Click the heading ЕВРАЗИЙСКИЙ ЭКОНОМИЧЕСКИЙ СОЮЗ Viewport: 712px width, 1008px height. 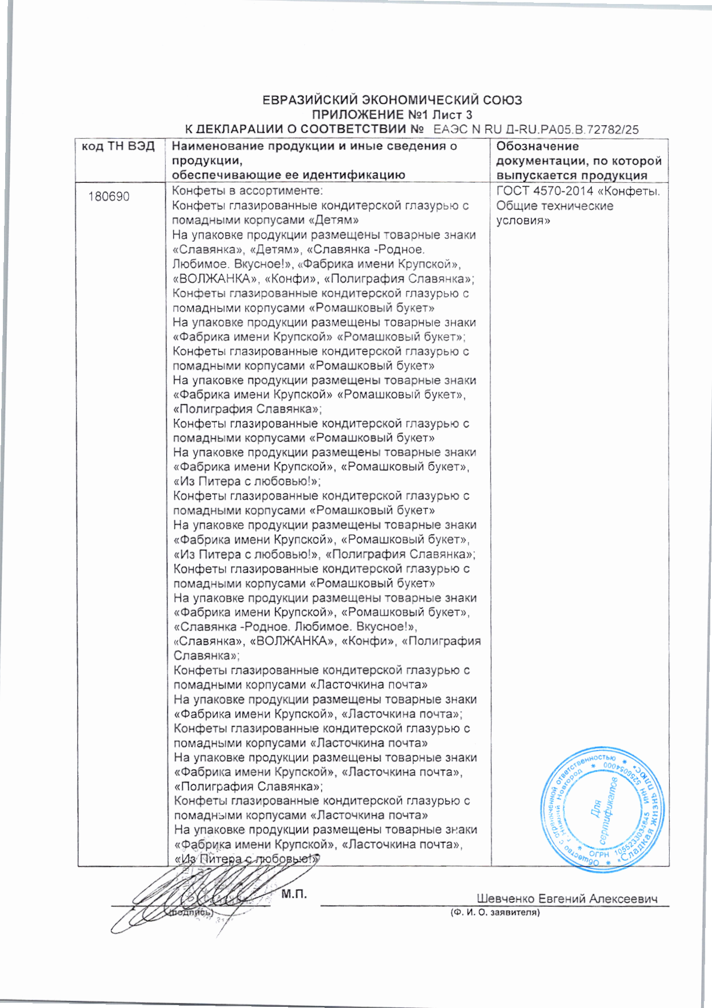point(392,101)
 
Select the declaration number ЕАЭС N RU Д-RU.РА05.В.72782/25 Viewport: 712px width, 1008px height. point(535,130)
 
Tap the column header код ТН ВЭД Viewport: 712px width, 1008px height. point(118,146)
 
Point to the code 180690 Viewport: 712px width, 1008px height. point(109,197)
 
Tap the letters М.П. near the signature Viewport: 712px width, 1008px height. point(294,894)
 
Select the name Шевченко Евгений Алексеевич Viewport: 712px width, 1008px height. point(567,899)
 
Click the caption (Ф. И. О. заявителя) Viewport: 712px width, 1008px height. point(495,913)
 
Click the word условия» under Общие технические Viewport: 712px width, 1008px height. point(523,221)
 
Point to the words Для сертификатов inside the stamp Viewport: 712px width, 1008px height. point(603,810)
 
